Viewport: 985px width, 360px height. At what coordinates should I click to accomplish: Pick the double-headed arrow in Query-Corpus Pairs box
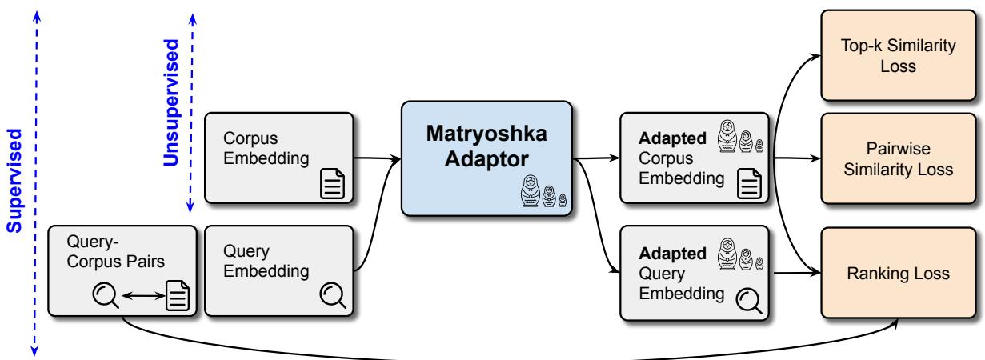(141, 298)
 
